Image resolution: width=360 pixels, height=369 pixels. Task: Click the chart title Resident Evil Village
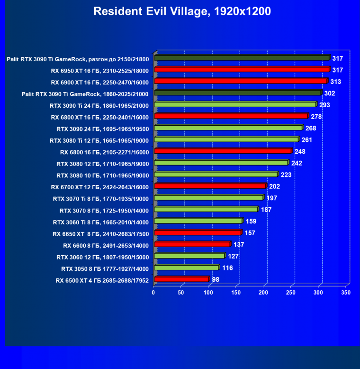(182, 11)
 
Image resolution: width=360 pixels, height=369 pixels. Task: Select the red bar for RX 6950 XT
(242, 70)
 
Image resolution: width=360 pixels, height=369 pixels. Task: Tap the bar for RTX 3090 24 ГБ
(228, 128)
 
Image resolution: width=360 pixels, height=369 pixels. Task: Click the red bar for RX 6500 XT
(181, 279)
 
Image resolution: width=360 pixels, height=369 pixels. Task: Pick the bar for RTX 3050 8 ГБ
(186, 268)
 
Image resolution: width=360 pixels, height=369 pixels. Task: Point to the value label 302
(330, 93)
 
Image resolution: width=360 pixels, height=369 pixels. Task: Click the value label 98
(216, 279)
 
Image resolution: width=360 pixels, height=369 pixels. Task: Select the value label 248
(300, 151)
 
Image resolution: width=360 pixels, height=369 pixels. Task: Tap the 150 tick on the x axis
(236, 293)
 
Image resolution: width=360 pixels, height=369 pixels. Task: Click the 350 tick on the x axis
(346, 293)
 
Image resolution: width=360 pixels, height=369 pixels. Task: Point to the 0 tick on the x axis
(153, 293)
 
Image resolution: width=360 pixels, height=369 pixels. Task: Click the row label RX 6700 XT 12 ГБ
(100, 187)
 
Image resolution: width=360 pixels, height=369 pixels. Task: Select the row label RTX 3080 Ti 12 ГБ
(99, 140)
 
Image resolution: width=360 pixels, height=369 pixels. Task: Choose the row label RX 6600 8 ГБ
(106, 245)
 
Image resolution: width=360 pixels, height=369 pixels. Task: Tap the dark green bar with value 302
(238, 93)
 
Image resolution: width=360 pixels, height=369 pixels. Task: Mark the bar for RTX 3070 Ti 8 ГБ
(208, 198)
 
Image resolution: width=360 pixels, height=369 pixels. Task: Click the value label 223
(286, 175)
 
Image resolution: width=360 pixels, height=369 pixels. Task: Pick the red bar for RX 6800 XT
(231, 116)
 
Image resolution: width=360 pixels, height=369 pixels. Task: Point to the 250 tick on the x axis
(291, 293)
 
